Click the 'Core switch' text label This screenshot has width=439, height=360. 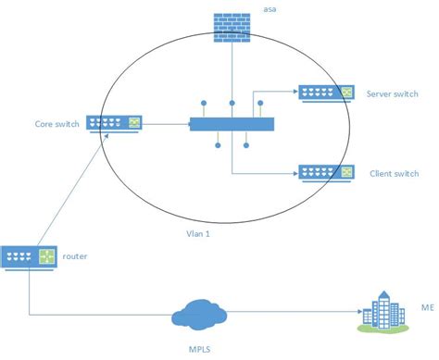[x=56, y=121]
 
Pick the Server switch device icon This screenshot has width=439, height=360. [x=325, y=92]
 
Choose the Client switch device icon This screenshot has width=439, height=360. [x=325, y=172]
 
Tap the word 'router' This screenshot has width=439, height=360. [x=75, y=254]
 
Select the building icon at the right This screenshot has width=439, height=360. [x=385, y=310]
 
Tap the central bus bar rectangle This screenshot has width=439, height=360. [x=232, y=123]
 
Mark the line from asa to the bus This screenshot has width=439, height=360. [x=232, y=74]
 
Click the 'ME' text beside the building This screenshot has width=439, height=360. [x=427, y=307]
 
